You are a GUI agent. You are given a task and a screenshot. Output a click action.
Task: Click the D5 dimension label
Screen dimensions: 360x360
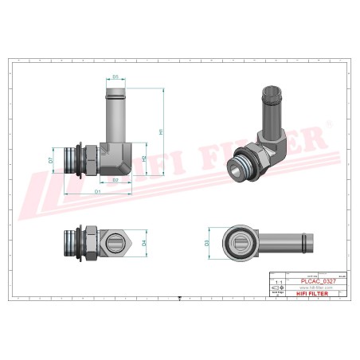115,77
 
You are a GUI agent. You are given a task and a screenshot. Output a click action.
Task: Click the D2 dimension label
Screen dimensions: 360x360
115,181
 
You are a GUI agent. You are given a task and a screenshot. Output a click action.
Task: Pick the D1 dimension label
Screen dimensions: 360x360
97,192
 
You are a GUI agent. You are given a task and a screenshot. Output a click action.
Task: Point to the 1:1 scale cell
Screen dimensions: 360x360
277,282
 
